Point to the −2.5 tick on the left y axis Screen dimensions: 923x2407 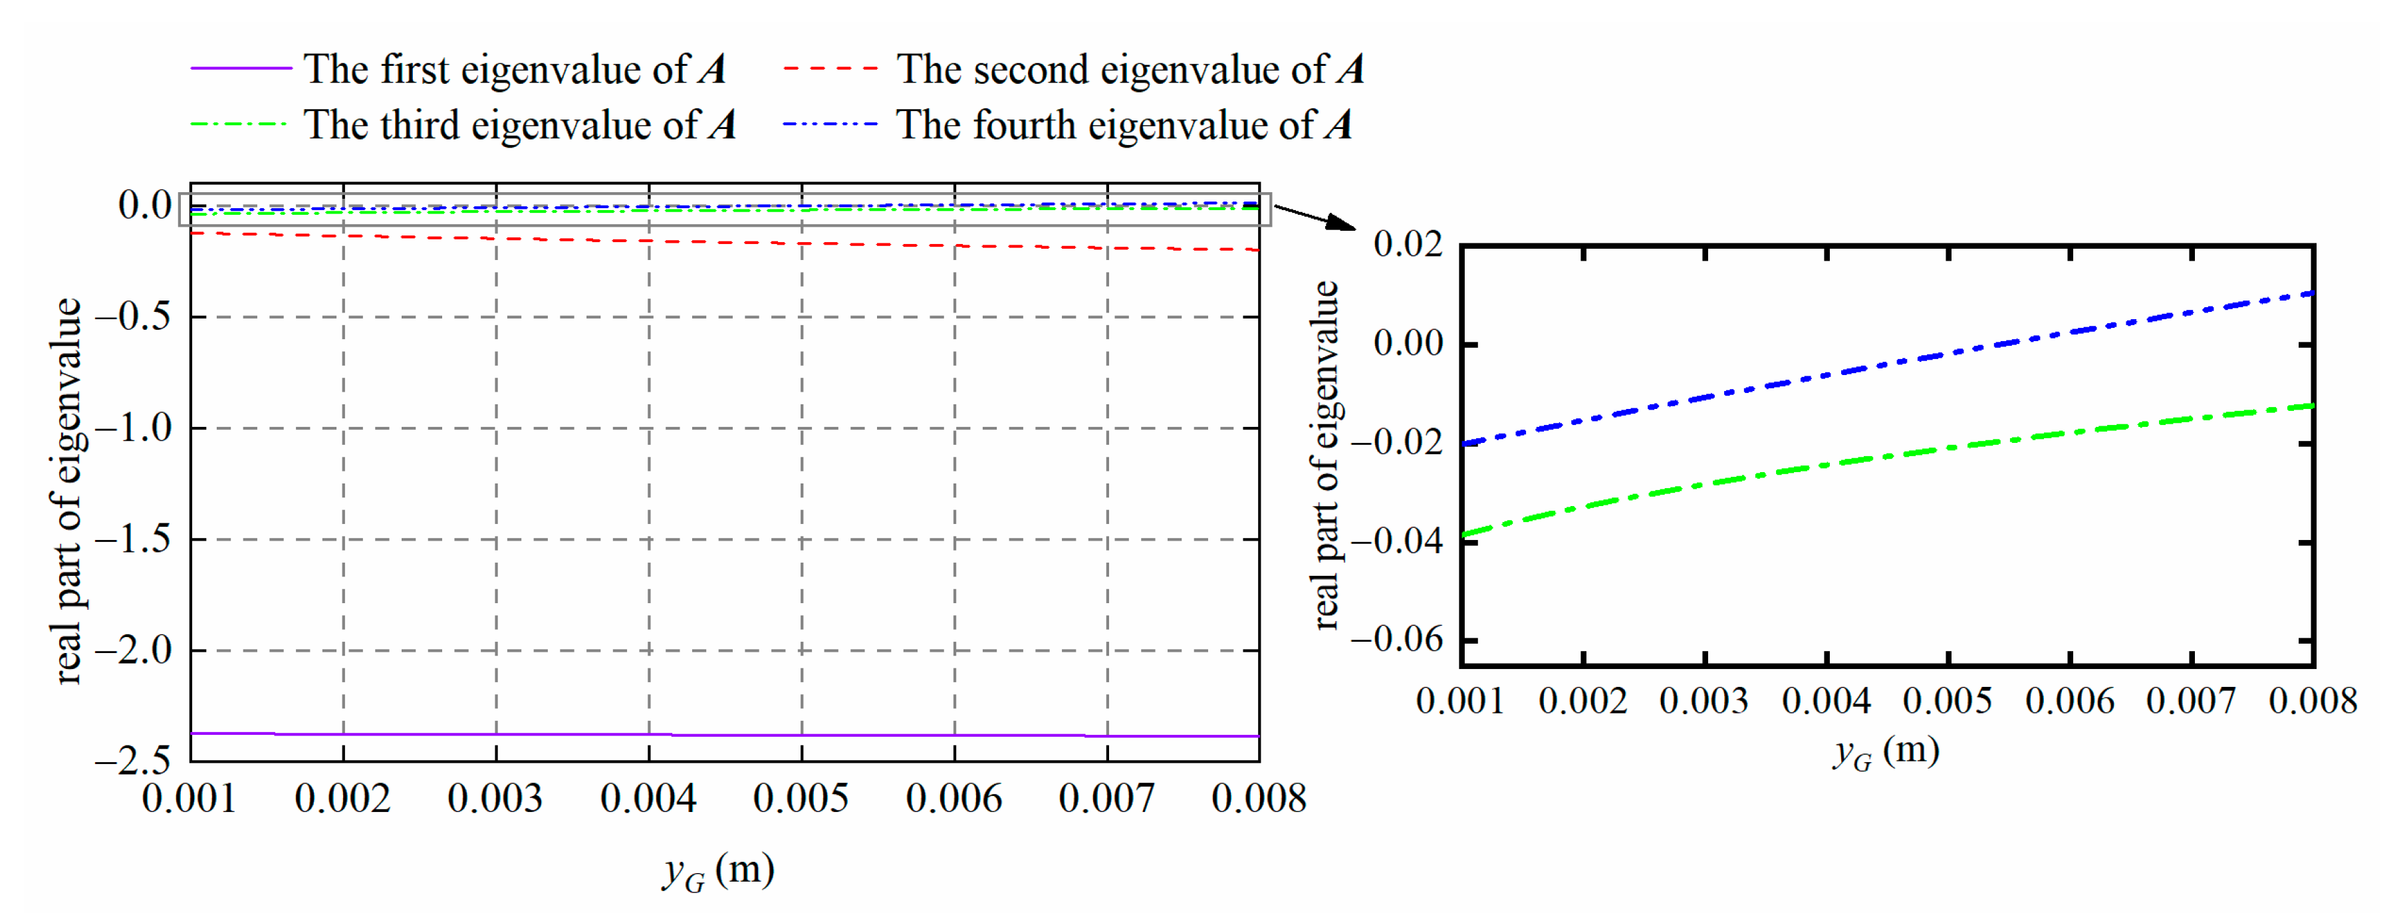pos(133,761)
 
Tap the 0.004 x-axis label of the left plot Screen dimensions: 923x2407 pos(648,799)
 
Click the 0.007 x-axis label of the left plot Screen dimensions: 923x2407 pos(1106,799)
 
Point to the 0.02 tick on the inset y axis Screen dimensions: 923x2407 pos(1407,245)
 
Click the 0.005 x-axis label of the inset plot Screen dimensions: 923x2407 pos(1948,701)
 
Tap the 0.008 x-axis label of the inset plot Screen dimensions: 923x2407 pos(2312,701)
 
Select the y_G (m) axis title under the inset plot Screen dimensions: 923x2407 pos(1886,751)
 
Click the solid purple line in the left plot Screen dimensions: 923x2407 pos(724,735)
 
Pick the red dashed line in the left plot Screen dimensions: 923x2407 pos(724,242)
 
